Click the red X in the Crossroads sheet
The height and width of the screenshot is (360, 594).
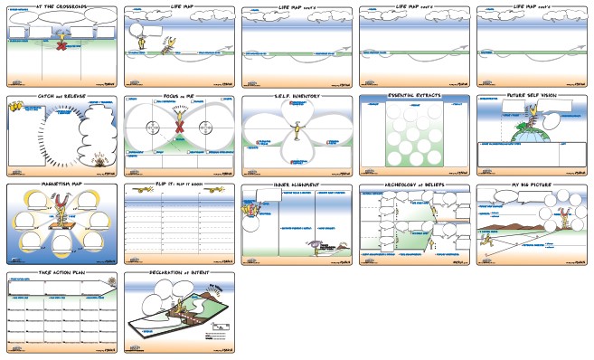pyautogui.click(x=61, y=45)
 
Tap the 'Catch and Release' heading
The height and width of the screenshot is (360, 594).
pyautogui.click(x=60, y=95)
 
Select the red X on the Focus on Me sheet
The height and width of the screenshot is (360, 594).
pyautogui.click(x=179, y=140)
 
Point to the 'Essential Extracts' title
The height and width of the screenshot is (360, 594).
pyautogui.click(x=412, y=95)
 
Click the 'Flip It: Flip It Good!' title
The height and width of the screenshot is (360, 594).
pyautogui.click(x=179, y=185)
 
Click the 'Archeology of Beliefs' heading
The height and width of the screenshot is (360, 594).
pyautogui.click(x=412, y=185)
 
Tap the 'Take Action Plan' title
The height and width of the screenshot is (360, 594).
pyautogui.click(x=60, y=273)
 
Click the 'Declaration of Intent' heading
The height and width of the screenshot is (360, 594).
pyautogui.click(x=179, y=273)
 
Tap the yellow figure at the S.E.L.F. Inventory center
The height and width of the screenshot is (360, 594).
pyautogui.click(x=296, y=134)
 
